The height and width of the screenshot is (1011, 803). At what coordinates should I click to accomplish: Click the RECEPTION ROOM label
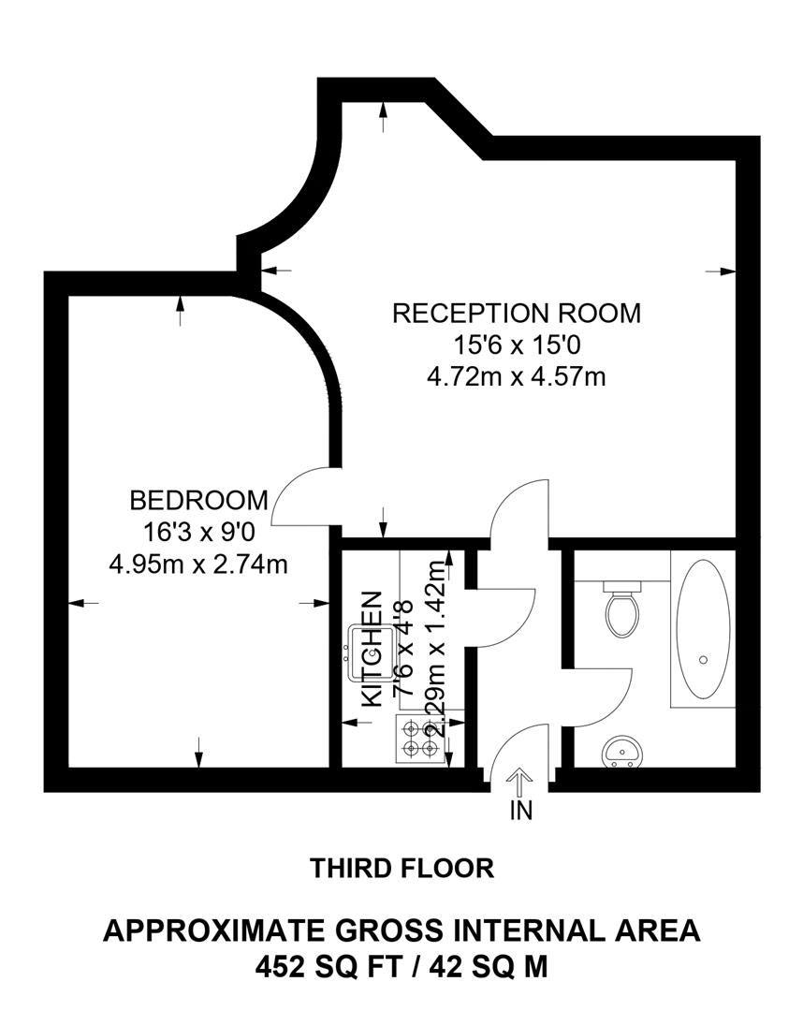click(x=517, y=313)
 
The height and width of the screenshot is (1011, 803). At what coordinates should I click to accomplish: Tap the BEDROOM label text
click(x=198, y=500)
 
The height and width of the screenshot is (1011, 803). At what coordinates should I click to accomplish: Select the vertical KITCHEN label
click(x=372, y=648)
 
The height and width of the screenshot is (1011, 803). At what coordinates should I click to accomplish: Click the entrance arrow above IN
click(x=520, y=780)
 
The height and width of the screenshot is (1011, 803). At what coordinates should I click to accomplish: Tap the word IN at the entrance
click(x=520, y=811)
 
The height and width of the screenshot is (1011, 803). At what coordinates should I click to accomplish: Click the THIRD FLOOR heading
click(x=401, y=869)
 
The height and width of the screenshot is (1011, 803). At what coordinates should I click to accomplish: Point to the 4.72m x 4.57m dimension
click(x=517, y=376)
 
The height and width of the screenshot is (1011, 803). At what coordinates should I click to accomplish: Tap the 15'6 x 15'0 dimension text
click(x=517, y=344)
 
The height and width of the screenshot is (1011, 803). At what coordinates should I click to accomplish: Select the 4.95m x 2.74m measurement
click(x=198, y=564)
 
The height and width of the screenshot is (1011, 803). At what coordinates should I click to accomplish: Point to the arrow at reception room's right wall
click(x=721, y=271)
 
